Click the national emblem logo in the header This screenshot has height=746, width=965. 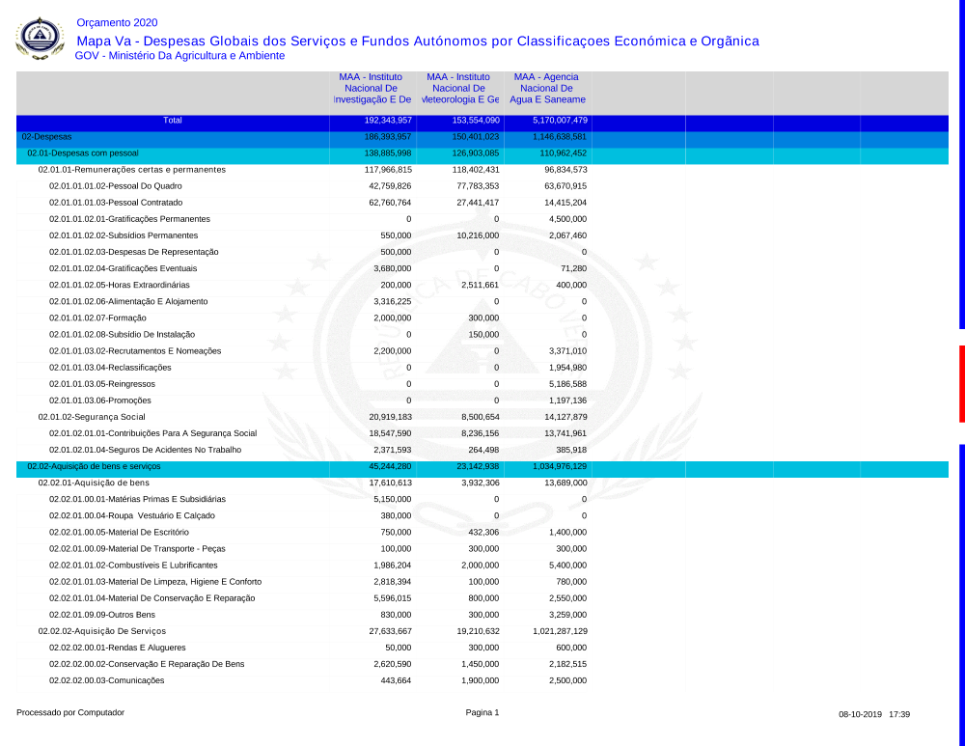coord(40,39)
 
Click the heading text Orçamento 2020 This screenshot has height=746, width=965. coord(117,23)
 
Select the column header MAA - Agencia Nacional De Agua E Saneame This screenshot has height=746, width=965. coord(547,88)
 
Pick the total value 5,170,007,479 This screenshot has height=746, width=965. coord(560,121)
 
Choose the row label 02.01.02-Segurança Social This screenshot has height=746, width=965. coord(92,417)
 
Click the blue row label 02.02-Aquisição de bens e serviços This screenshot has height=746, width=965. coord(94,466)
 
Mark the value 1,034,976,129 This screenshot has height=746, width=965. coord(560,466)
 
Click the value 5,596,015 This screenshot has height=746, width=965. coord(392,598)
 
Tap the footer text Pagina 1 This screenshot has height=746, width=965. coord(482,713)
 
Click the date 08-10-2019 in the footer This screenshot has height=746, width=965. coord(860,714)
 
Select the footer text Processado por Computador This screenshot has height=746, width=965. coord(70,713)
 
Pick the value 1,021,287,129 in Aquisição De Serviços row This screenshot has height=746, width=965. coord(560,631)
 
